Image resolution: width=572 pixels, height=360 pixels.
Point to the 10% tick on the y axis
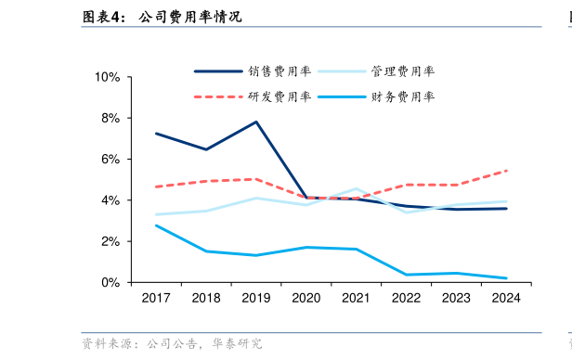[x=108, y=77]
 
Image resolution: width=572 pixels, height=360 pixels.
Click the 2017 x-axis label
[x=156, y=298]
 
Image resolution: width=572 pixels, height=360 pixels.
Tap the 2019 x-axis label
[x=256, y=298]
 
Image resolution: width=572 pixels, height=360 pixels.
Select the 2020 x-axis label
[x=306, y=298]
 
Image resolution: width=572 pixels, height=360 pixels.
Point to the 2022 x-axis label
[x=406, y=298]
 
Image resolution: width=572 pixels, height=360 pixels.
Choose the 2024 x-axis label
[x=506, y=298]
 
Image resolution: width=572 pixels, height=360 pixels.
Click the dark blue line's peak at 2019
[x=256, y=122]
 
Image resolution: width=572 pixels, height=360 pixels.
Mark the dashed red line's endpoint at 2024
[x=506, y=171]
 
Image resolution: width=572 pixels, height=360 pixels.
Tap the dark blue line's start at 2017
[x=156, y=134]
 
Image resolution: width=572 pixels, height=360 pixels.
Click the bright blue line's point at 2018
[x=206, y=251]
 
